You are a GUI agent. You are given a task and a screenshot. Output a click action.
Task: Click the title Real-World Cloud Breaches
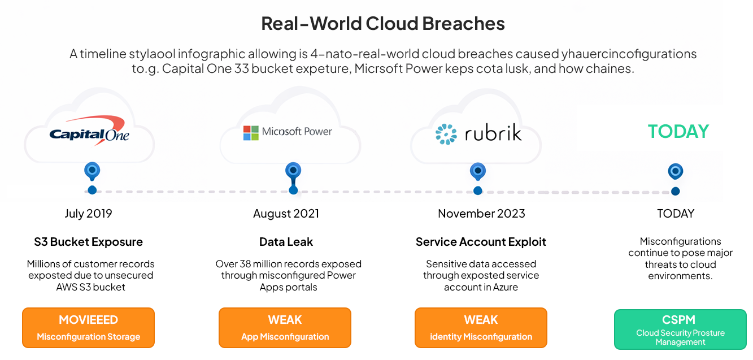click(x=382, y=24)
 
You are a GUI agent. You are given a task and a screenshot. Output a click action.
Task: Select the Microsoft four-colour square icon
click(x=250, y=133)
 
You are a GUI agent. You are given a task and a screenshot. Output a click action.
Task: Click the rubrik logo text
click(x=493, y=134)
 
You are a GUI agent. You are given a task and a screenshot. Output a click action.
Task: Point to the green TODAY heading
click(x=678, y=131)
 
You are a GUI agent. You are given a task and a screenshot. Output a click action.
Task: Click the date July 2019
click(x=88, y=214)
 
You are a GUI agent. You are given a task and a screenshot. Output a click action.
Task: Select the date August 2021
click(x=286, y=214)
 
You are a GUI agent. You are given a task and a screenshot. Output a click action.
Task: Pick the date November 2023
click(x=481, y=214)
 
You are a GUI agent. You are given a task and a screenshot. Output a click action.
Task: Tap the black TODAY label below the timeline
click(x=676, y=214)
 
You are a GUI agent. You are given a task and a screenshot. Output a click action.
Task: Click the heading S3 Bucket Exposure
click(x=88, y=242)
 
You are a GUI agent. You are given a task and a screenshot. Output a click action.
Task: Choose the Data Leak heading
click(x=286, y=242)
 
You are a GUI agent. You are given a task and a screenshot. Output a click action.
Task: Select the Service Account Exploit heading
click(x=481, y=242)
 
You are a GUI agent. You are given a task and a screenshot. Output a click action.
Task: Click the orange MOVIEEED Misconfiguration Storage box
click(x=88, y=327)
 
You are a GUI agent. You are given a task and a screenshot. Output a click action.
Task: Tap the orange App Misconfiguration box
click(x=285, y=327)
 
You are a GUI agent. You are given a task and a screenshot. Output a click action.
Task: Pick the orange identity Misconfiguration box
click(x=481, y=327)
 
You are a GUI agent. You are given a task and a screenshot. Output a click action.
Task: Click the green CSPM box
click(x=680, y=329)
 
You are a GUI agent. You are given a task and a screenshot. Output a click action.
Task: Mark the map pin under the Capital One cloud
click(x=92, y=170)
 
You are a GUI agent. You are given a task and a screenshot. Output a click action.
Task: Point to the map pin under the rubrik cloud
click(x=477, y=170)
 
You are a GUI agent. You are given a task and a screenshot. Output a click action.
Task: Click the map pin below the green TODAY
click(x=675, y=171)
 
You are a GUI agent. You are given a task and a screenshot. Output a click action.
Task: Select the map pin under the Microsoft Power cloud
click(x=293, y=170)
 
